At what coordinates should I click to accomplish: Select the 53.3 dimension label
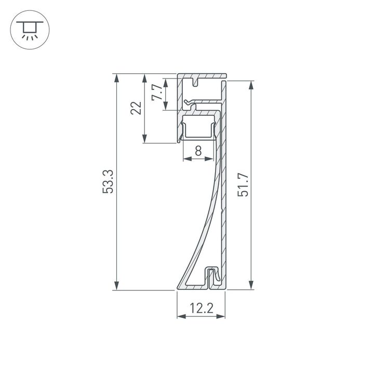coord(107,181)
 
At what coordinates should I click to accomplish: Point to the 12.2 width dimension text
coord(201,309)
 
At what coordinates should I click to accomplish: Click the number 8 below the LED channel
coord(198,151)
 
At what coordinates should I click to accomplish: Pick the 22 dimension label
coord(136,108)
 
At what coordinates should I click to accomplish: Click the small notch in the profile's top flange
coord(196,82)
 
